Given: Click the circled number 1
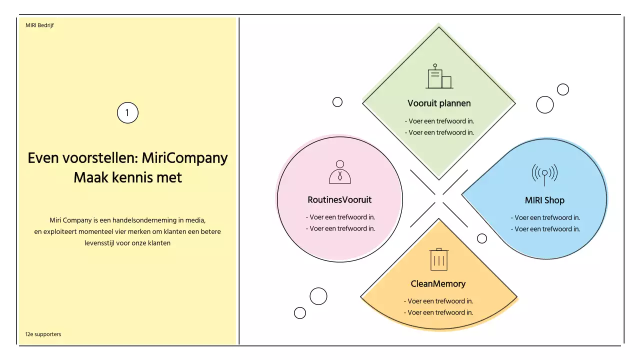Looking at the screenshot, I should coord(127,113).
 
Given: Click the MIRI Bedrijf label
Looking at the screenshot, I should coord(39,25).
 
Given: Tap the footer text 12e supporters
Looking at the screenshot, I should coord(43,334).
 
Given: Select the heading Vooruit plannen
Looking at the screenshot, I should coord(439,103).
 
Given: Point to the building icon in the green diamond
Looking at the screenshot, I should coord(439,77).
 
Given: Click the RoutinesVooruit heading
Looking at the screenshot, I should coord(339,200).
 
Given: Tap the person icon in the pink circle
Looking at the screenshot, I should coord(340,172).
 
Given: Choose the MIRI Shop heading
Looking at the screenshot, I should coord(544,200).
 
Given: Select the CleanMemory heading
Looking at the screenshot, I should coord(438,284).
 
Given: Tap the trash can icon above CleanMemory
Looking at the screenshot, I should coord(439,259).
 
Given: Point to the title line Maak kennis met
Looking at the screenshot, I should coord(127,177).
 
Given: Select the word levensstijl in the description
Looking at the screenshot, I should coord(99,243).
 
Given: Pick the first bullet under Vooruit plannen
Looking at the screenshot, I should coord(439,121).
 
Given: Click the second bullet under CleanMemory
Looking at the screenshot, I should coord(438,312).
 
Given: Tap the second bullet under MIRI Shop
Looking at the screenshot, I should coord(545,229).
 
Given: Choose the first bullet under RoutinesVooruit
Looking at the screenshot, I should coord(340,217).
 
